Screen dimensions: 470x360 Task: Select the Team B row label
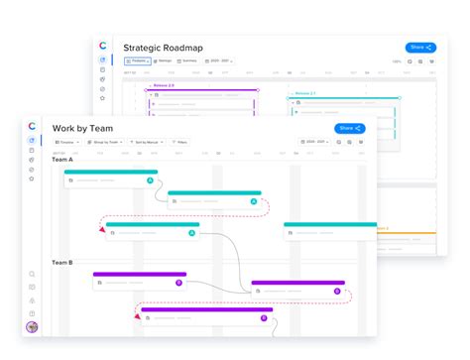(62, 262)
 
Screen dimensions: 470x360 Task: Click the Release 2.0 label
(166, 86)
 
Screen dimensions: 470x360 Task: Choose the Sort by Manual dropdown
(146, 142)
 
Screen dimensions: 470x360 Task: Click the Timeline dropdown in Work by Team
(66, 142)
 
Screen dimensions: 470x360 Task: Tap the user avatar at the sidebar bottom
(33, 328)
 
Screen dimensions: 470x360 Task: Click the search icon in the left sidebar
(33, 274)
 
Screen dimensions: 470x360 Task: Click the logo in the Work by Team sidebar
(32, 126)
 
